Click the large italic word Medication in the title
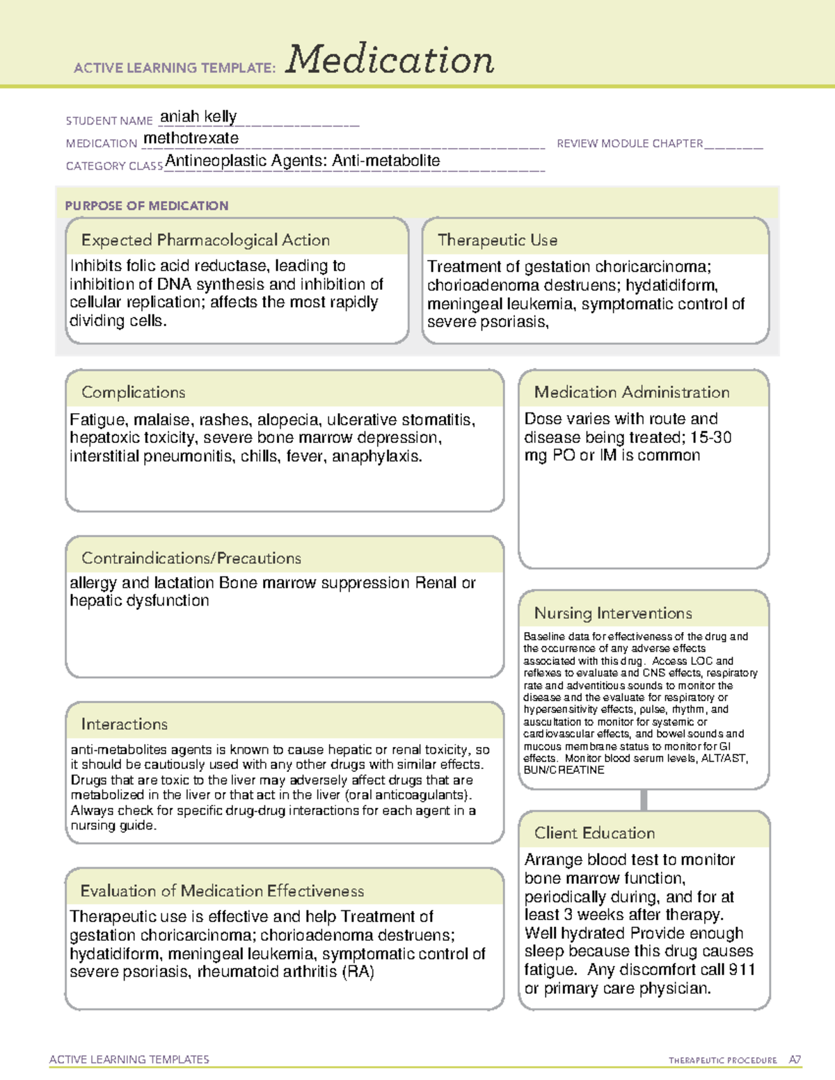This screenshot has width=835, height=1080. pos(390,60)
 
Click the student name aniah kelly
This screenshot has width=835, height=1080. pos(198,116)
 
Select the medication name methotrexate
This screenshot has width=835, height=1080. pos(191,138)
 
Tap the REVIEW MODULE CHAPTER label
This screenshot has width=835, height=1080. pos(630,143)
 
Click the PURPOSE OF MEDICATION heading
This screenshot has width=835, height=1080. pos(146,206)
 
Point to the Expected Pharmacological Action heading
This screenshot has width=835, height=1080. pos(205,240)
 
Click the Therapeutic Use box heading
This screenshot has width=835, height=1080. pos(498,240)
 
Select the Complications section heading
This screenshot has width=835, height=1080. pos(133,392)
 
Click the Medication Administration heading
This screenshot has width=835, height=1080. pos(632,392)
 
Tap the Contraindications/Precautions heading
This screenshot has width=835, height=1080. pos(191,558)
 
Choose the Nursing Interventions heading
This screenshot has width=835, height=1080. pos(613,613)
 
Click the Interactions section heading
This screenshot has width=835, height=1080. pos(124,725)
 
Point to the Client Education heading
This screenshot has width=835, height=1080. pos(594,833)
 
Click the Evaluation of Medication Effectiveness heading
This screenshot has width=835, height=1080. pos(222,891)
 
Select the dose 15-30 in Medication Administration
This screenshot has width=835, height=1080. pos(710,437)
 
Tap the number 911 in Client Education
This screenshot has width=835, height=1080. pos(742,969)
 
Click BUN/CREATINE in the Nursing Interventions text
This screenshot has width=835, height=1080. pos(564,771)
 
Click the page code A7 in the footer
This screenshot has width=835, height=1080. pos(795,1060)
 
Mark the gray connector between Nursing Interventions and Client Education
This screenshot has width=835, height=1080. pos(644,800)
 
